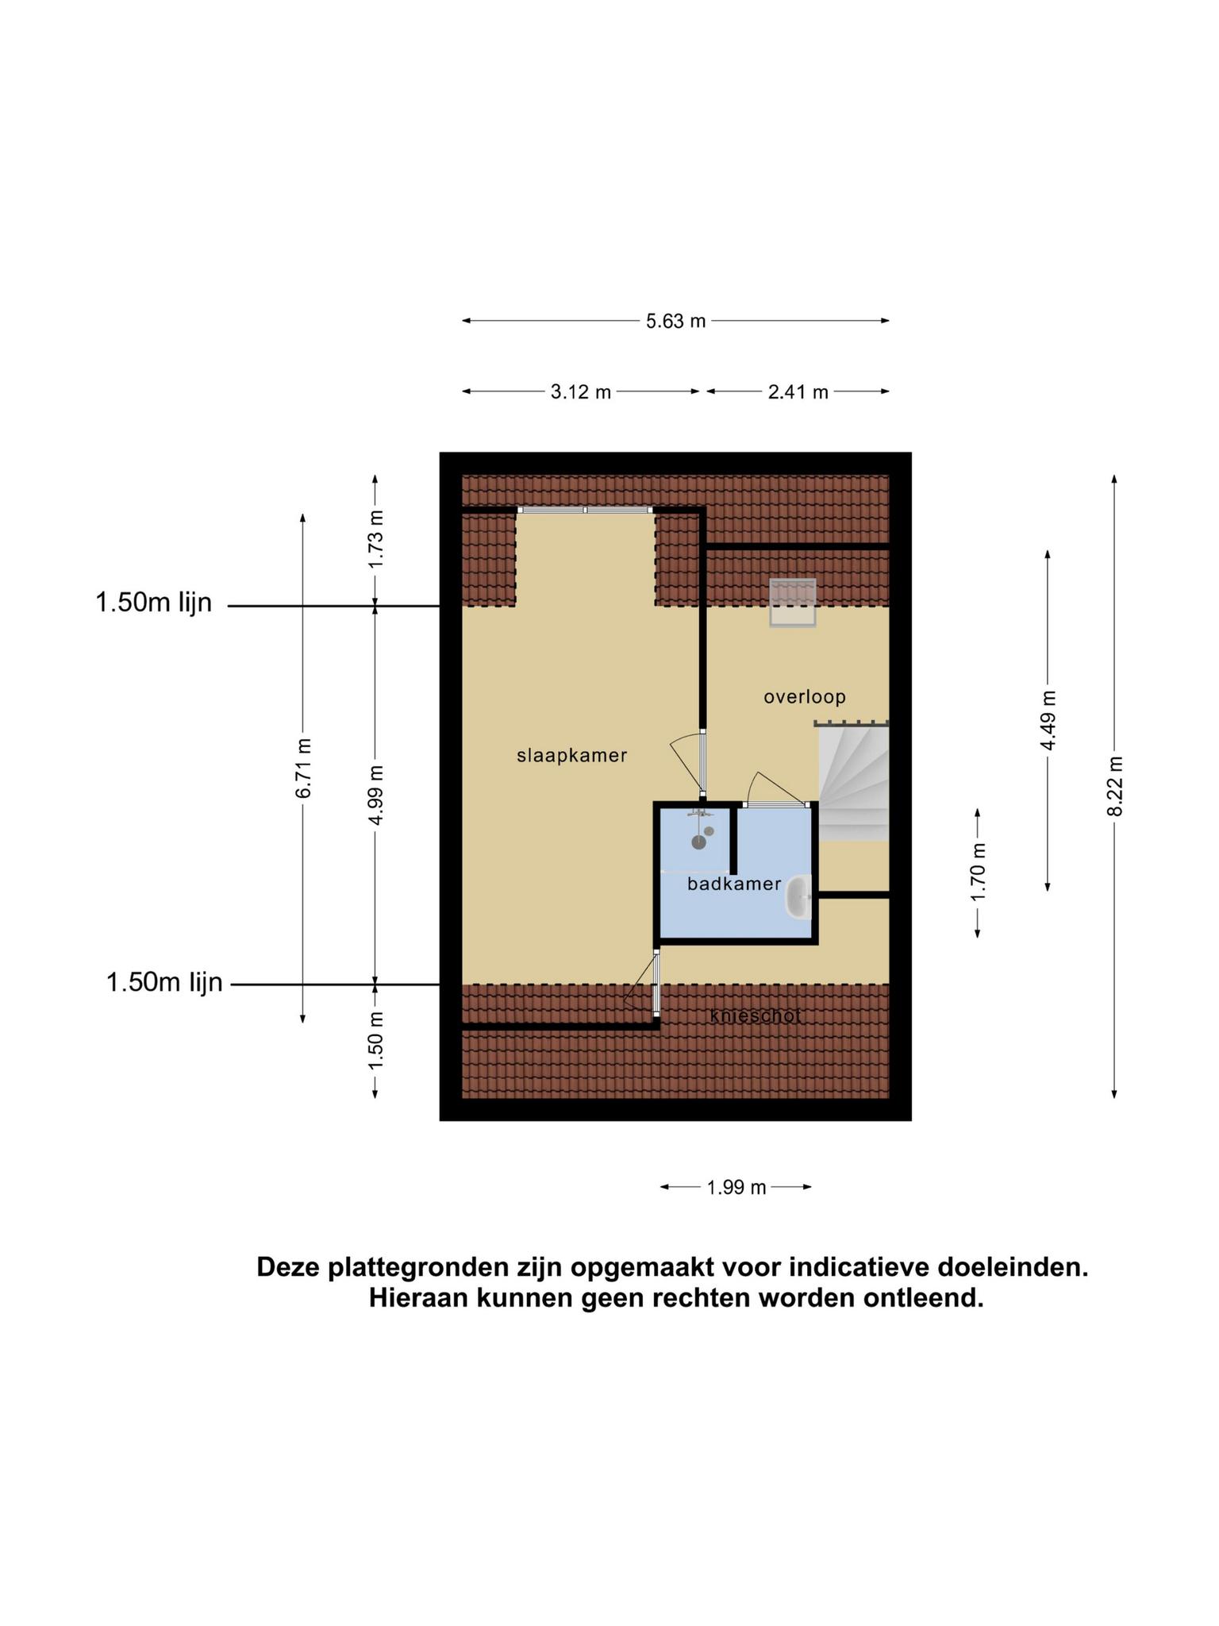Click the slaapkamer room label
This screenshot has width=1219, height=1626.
pos(571,756)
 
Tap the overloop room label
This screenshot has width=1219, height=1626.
pos(805,697)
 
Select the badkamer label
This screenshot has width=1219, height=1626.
pos(734,884)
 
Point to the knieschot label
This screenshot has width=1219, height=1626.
pos(756,1015)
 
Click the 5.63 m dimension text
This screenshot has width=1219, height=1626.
pos(675,322)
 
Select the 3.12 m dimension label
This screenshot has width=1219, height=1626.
pos(581,391)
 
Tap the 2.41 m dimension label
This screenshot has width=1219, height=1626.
pos(798,391)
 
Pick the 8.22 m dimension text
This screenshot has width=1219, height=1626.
pos(1115,786)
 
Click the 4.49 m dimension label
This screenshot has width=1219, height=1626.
pos(1048,720)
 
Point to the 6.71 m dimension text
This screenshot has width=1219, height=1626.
pos(303,768)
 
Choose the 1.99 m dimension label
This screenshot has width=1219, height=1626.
pos(736,1187)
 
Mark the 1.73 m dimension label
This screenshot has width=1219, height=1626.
pos(375,539)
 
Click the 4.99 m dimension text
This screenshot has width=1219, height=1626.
pos(375,795)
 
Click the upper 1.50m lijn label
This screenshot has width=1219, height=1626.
pos(154,603)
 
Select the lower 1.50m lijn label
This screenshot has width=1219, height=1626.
pos(164,983)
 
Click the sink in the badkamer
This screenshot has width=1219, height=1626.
pos(798,896)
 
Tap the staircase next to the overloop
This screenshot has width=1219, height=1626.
pos(853,782)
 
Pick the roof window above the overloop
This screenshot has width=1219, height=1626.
pos(792,603)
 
